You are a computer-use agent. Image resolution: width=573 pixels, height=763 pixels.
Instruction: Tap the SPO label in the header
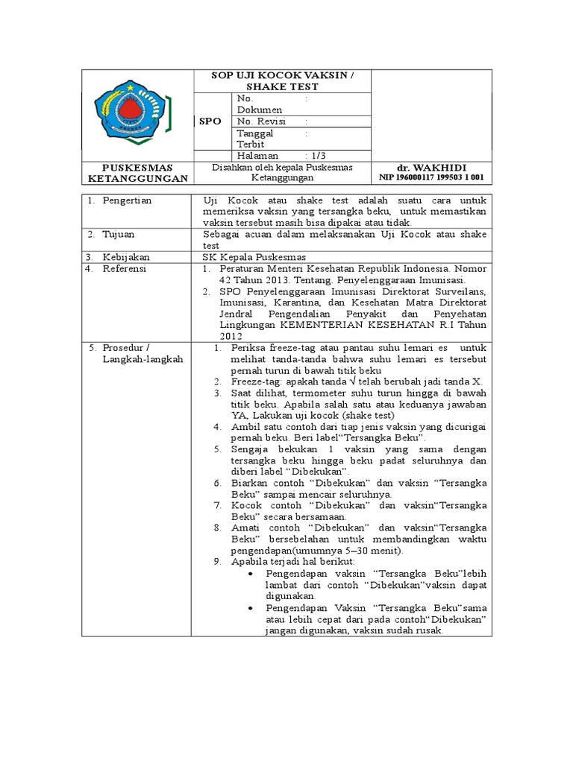click(x=211, y=121)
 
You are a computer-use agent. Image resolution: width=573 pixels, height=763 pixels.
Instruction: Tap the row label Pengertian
click(x=128, y=200)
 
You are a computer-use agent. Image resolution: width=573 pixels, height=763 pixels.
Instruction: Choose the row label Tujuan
click(x=119, y=234)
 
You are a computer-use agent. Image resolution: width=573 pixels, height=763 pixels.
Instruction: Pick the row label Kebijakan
click(x=125, y=256)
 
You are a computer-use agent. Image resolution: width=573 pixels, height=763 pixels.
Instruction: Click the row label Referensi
click(x=125, y=268)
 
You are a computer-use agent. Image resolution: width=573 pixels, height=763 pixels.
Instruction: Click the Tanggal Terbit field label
click(x=255, y=139)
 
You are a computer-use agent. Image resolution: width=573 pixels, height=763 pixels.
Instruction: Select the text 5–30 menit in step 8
click(x=369, y=550)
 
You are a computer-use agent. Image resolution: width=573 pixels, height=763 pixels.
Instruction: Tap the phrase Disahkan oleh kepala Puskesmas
click(x=282, y=167)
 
